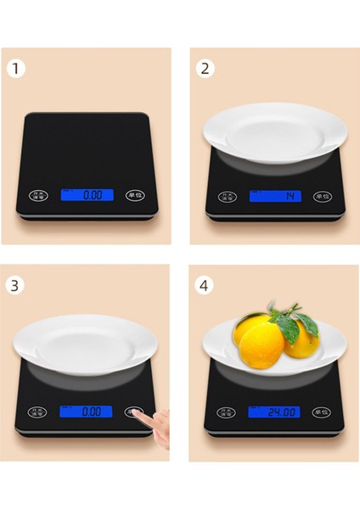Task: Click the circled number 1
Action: (14, 69)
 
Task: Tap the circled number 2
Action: (205, 69)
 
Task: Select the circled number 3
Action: (14, 285)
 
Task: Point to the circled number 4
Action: (205, 285)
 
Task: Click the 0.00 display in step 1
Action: (86, 194)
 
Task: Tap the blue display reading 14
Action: (274, 196)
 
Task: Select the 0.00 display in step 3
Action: (86, 411)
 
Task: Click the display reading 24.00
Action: (274, 412)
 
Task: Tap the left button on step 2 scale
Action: (227, 196)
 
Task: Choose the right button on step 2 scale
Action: (322, 196)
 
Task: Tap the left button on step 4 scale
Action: (227, 412)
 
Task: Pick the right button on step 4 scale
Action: (322, 412)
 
